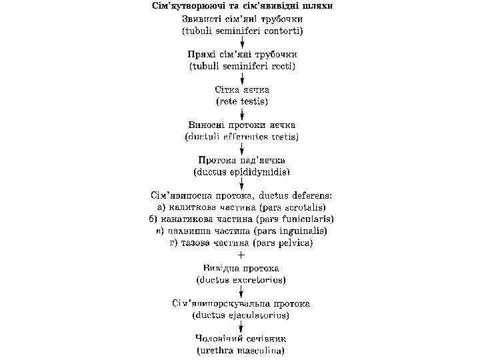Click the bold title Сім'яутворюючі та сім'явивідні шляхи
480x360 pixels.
point(241,7)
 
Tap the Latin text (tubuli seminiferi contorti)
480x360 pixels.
point(241,31)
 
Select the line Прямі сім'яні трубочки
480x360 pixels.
point(241,54)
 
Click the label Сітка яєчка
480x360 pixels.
point(241,89)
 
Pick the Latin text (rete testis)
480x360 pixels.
point(241,101)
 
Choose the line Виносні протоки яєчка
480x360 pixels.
point(241,125)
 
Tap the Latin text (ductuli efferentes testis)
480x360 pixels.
point(241,137)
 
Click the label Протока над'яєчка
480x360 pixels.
point(241,160)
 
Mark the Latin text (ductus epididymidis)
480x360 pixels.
point(241,172)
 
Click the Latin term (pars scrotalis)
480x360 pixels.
point(293,207)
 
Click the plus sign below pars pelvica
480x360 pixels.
point(241,255)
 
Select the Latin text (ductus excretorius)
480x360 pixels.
point(241,279)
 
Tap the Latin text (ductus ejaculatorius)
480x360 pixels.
point(241,314)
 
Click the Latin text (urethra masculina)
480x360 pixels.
point(241,349)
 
